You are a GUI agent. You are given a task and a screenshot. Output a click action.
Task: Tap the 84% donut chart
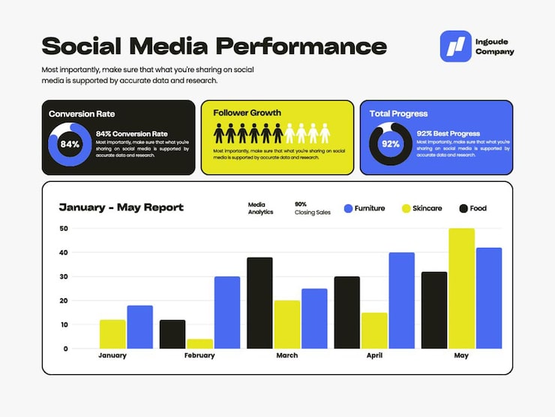(x=70, y=144)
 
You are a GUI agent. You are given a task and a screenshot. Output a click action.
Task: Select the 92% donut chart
(x=390, y=144)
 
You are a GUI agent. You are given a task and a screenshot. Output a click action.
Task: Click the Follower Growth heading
(x=247, y=113)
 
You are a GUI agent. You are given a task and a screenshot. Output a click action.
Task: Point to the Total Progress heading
(x=398, y=113)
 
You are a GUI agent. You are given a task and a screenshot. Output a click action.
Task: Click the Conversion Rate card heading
(x=82, y=113)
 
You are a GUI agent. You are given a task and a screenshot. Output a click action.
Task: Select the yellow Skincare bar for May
(x=461, y=289)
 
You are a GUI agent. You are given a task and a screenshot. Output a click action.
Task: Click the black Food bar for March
(x=259, y=303)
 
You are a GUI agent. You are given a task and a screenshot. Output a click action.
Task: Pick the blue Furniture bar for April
(x=401, y=301)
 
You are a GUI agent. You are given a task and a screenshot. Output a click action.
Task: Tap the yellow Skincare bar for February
(x=199, y=343)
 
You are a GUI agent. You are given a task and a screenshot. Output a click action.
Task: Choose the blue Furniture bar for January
(x=139, y=327)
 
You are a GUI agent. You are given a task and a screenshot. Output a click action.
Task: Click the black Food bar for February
(x=172, y=334)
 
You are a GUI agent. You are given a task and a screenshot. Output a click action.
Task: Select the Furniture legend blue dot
(x=348, y=208)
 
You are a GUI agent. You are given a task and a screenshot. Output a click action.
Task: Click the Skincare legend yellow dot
(x=406, y=208)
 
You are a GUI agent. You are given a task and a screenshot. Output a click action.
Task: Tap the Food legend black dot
(x=463, y=208)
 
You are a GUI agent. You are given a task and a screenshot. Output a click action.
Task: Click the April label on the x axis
(x=374, y=355)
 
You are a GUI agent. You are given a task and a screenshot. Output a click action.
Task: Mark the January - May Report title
(x=121, y=207)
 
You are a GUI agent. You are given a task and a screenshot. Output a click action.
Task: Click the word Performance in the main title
(x=301, y=47)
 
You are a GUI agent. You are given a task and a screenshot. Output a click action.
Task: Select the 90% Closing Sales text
(x=312, y=208)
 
